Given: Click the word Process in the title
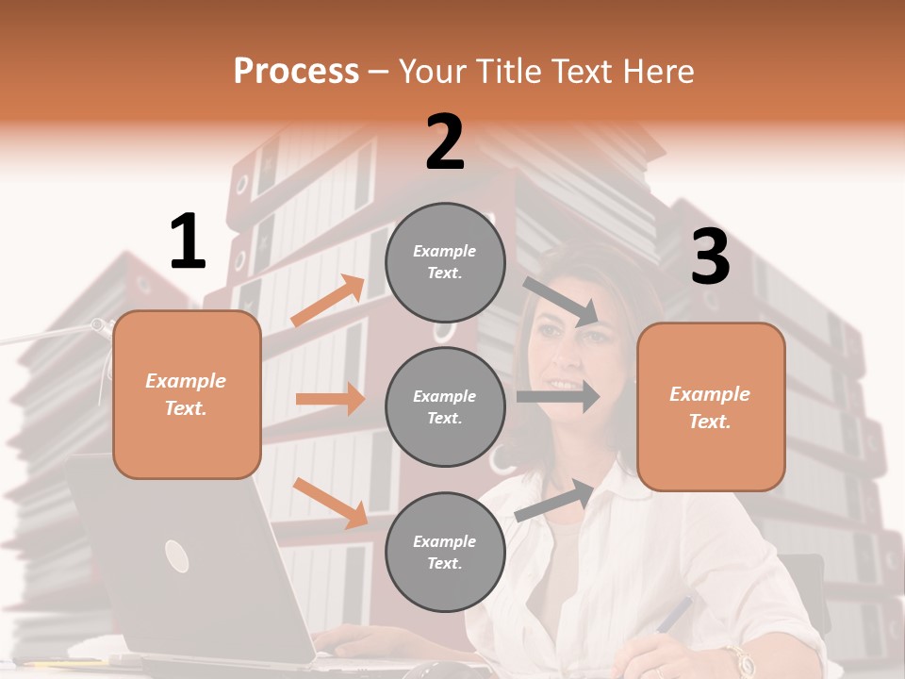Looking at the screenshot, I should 296,72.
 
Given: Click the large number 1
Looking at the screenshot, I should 188,241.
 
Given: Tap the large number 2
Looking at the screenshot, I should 445,142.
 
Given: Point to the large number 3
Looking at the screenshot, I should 710,257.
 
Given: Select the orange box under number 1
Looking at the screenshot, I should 187,394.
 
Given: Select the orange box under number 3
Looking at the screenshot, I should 711,406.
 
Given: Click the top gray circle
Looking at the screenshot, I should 445,262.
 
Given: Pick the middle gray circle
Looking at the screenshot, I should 445,406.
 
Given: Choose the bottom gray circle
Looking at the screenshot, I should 445,552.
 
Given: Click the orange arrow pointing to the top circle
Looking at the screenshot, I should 328,301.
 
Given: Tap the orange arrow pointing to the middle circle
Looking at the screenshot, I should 330,399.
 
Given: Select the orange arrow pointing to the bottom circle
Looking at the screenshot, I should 330,502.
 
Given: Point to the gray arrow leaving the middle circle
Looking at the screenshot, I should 558,396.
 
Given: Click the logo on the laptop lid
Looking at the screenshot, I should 176,555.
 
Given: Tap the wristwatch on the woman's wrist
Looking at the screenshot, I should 738,660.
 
